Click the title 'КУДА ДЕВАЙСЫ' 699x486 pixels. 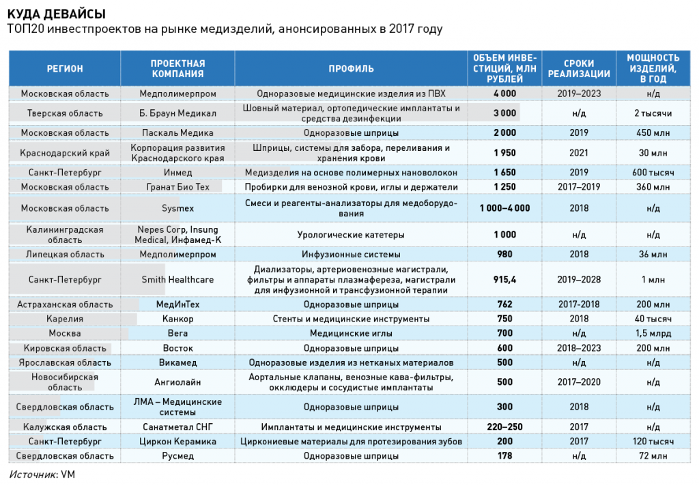click(x=57, y=14)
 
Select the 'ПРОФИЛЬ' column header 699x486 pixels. click(x=351, y=69)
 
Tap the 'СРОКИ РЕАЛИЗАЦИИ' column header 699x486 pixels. click(x=579, y=69)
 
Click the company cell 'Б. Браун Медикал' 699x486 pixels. click(x=177, y=113)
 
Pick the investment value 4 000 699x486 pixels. click(x=504, y=94)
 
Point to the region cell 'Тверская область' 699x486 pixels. click(x=65, y=113)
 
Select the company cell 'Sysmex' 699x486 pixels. click(x=177, y=208)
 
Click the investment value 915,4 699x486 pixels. click(x=504, y=280)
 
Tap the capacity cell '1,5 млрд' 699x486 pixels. click(x=653, y=333)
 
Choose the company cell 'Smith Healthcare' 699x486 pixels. click(x=177, y=280)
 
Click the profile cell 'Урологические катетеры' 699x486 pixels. click(x=351, y=235)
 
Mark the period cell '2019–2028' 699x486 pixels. click(x=579, y=280)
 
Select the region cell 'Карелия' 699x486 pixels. click(x=65, y=319)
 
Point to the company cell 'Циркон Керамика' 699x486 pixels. click(x=177, y=442)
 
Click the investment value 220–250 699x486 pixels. click(x=504, y=427)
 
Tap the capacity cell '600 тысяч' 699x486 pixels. click(x=653, y=173)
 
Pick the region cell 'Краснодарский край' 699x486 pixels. click(x=65, y=153)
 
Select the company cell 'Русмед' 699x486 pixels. click(x=177, y=456)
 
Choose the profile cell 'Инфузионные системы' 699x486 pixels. click(x=351, y=254)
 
